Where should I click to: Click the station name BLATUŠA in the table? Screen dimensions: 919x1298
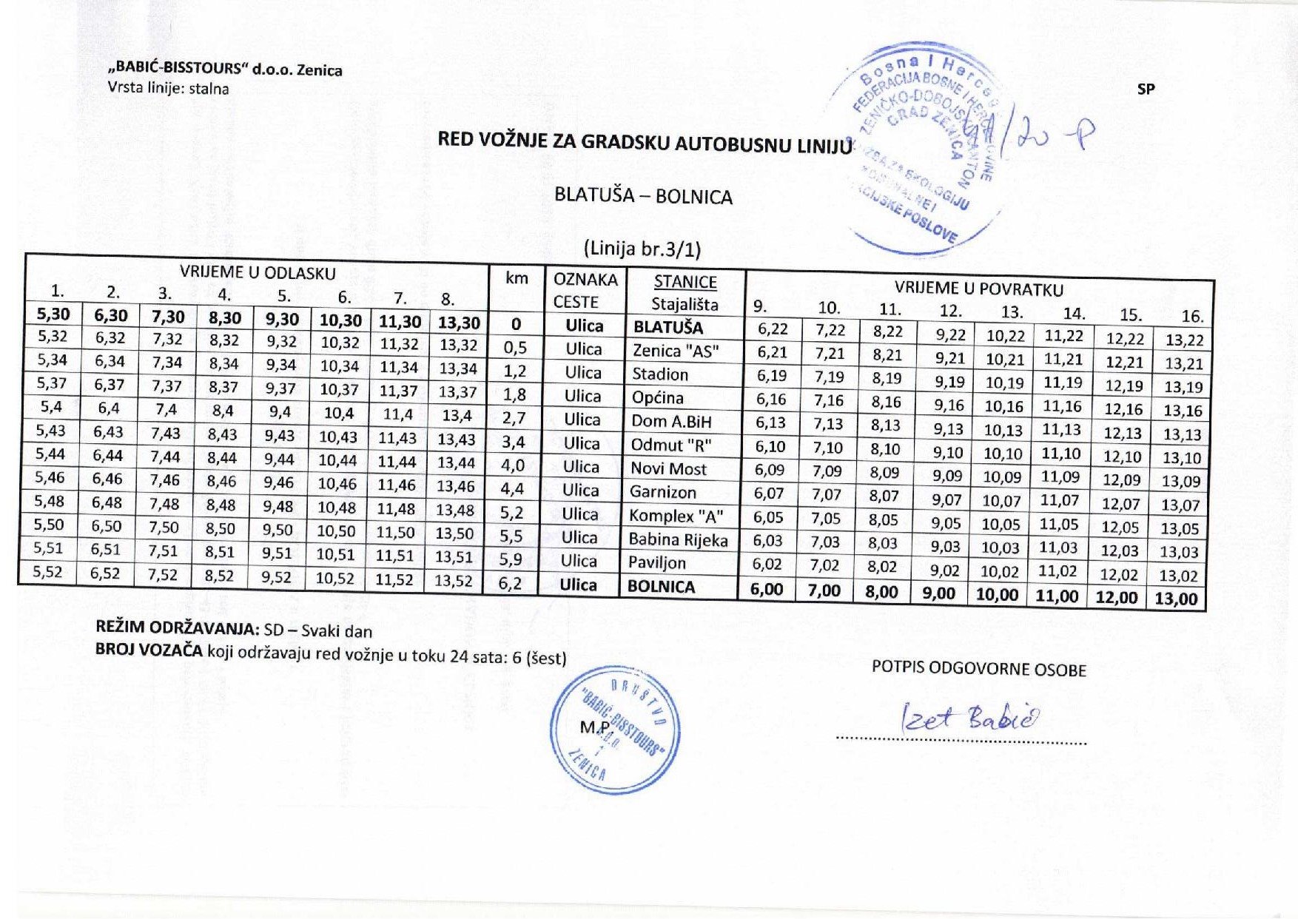(x=668, y=327)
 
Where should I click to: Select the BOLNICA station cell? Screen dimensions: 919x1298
(x=662, y=587)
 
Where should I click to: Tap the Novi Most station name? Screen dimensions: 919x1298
(x=668, y=468)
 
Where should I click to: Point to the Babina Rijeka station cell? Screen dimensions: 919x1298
(x=678, y=539)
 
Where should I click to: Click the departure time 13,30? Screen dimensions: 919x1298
(x=458, y=323)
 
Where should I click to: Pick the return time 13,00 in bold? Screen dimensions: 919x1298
(x=1176, y=599)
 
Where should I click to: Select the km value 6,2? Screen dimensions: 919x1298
(x=510, y=584)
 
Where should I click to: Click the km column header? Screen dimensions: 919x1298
(x=517, y=278)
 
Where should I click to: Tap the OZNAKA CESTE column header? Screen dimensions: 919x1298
(x=585, y=290)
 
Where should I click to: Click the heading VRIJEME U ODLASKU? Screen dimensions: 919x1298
(x=258, y=272)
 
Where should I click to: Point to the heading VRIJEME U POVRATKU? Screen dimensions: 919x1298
(x=978, y=289)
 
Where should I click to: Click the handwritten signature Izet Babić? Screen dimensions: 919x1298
(x=970, y=718)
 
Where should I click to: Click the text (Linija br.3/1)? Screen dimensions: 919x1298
(x=642, y=249)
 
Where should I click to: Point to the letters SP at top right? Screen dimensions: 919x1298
(x=1146, y=89)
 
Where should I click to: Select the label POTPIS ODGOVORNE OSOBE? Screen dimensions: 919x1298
(x=978, y=670)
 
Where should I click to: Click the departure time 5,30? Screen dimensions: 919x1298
(x=53, y=314)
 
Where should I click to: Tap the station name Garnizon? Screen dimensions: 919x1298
(x=662, y=492)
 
